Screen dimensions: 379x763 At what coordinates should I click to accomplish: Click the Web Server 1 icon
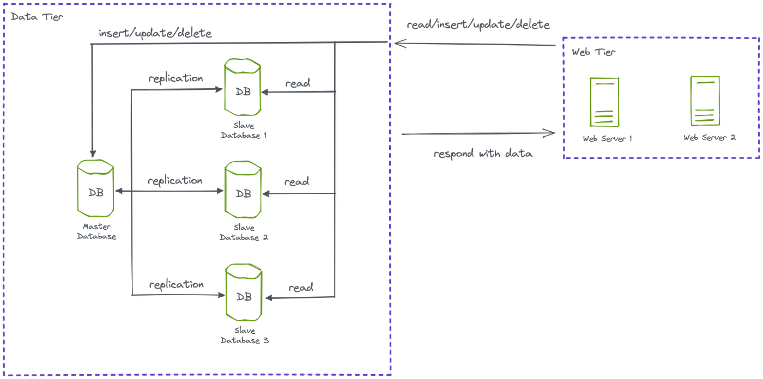[604, 101]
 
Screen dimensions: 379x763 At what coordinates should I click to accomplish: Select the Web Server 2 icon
[705, 101]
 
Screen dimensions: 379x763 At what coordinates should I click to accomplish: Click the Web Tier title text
[593, 53]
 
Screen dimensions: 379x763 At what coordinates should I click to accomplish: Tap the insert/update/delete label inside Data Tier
[155, 34]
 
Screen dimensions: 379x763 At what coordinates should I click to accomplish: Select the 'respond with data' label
[483, 154]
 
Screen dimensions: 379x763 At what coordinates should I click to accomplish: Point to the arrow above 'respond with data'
[477, 133]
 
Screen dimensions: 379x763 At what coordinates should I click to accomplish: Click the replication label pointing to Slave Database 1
[175, 78]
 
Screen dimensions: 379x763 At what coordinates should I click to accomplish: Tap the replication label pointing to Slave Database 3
[175, 284]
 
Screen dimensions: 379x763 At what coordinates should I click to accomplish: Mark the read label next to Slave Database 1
[298, 83]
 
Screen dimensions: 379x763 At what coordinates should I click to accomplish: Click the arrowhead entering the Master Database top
[93, 154]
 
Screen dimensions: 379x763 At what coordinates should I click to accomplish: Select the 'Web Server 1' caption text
[607, 138]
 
